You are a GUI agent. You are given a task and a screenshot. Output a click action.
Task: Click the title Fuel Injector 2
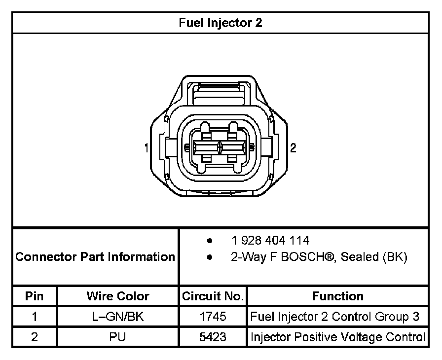(221, 23)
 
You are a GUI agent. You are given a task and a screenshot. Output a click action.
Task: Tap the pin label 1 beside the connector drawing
(147, 148)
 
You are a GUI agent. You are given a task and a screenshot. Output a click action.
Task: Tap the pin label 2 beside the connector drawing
(293, 147)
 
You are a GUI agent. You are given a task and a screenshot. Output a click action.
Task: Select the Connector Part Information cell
(95, 256)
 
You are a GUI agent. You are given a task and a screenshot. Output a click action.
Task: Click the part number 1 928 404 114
(270, 241)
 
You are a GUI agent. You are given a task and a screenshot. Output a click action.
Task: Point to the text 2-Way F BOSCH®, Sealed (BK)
(319, 257)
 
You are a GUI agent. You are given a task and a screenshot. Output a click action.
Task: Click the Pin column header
(35, 296)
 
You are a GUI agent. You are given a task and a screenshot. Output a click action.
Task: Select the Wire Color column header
(118, 296)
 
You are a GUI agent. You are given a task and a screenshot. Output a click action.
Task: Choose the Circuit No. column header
(213, 296)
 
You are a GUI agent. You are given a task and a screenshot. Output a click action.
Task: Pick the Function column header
(337, 296)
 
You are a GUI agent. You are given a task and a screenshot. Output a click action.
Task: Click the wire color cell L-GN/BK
(118, 317)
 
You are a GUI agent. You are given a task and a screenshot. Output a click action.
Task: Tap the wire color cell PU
(118, 337)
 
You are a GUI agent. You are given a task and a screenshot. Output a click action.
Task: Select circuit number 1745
(213, 317)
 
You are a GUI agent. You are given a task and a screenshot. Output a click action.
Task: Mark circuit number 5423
(213, 337)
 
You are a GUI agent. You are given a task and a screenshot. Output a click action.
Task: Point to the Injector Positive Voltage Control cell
(338, 337)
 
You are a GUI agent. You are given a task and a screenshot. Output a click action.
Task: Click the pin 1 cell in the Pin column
(35, 317)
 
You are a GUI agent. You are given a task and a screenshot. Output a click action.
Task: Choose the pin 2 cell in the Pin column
(35, 337)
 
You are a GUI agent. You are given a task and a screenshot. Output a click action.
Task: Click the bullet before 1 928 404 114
(210, 241)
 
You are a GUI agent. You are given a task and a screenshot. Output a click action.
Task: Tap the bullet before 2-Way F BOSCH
(210, 257)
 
